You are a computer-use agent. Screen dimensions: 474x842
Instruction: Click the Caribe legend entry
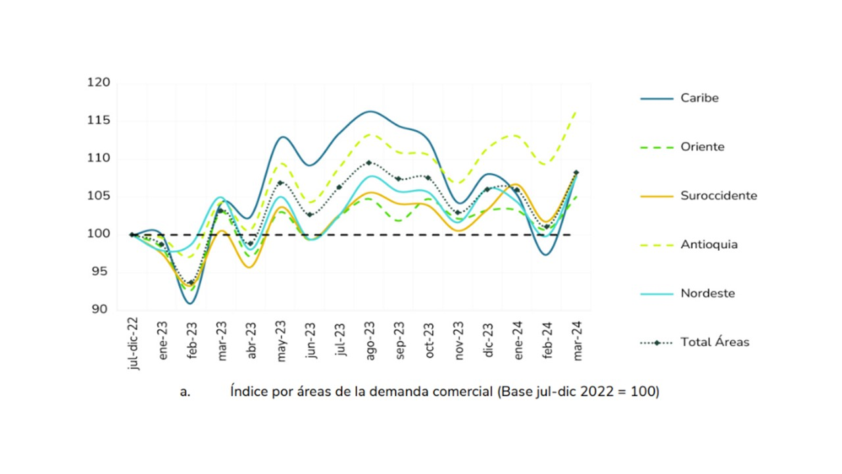coord(699,98)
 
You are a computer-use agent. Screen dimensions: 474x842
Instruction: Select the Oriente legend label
coord(702,147)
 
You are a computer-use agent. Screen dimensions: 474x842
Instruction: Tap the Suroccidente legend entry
coord(718,196)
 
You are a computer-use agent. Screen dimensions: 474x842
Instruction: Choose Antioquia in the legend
coord(708,244)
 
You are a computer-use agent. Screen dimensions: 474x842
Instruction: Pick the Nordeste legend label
coord(707,293)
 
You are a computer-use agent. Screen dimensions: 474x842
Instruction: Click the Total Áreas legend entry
coord(714,342)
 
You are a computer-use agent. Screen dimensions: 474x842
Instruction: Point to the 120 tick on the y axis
coord(99,83)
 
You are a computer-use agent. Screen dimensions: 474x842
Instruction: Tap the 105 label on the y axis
coord(99,196)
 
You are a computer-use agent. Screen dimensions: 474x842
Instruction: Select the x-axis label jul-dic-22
coord(134,343)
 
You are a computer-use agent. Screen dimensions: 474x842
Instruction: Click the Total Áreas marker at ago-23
coord(369,163)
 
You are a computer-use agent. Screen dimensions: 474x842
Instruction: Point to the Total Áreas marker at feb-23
coord(191,283)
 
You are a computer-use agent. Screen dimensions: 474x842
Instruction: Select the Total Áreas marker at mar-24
coord(576,172)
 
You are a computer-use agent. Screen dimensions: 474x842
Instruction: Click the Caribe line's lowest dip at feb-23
coord(190,303)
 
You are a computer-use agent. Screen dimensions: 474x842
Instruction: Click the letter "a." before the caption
coord(185,392)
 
